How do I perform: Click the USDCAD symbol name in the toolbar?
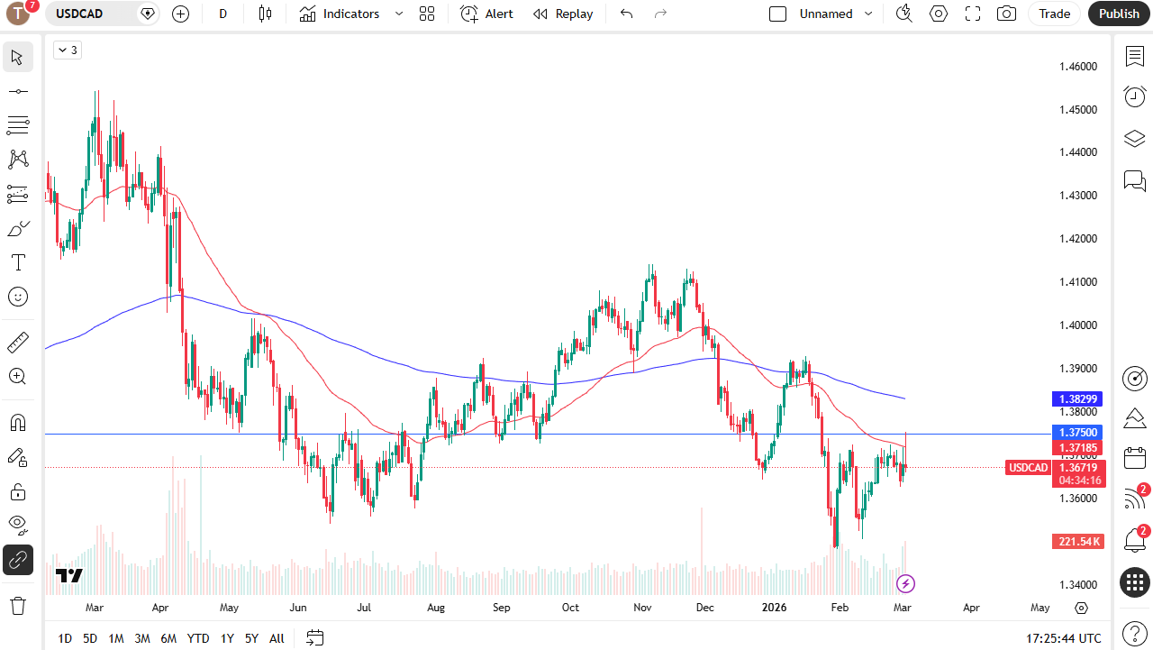[79, 14]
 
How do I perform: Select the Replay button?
[563, 14]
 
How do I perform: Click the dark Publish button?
[1119, 14]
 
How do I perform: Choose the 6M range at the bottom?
[168, 638]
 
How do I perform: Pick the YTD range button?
[198, 638]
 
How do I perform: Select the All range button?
[277, 638]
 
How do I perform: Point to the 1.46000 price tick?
[1077, 67]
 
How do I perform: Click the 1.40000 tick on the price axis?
[1077, 325]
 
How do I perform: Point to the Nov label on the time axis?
[642, 608]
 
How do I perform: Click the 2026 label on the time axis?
[774, 608]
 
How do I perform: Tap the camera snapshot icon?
[1006, 14]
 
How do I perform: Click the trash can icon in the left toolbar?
[17, 605]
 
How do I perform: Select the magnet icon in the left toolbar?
[17, 423]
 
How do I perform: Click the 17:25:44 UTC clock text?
[1063, 638]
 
